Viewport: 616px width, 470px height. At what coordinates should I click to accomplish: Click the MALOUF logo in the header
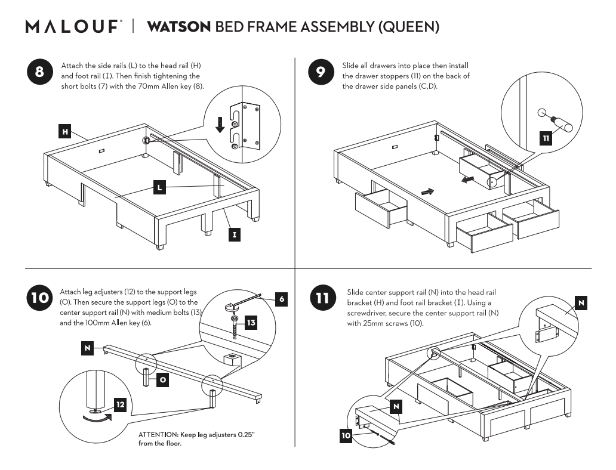click(x=73, y=27)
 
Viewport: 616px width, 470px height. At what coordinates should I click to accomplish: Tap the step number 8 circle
click(x=39, y=73)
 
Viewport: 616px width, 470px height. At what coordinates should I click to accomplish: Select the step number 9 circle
click(x=321, y=73)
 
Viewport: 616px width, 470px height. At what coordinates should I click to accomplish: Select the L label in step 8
click(x=159, y=187)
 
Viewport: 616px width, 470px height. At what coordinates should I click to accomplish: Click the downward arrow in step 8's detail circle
click(x=220, y=123)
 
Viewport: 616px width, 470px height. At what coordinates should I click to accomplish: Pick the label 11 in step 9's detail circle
click(x=546, y=138)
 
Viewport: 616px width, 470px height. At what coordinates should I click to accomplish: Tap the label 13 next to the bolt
click(x=251, y=323)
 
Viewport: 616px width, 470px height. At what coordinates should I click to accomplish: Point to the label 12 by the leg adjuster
click(x=120, y=405)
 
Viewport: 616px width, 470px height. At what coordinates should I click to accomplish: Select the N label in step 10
click(x=88, y=348)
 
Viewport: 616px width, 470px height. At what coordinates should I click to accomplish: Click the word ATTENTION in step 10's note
click(x=158, y=435)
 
